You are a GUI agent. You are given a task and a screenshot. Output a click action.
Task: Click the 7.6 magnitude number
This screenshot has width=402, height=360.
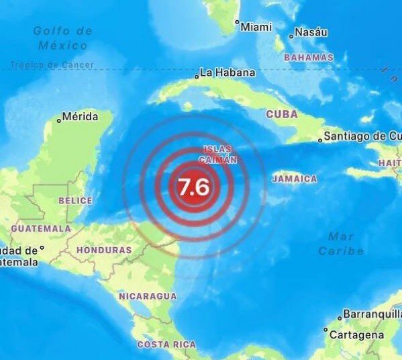coord(194,186)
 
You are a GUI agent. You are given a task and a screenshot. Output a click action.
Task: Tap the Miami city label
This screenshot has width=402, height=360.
coord(256,27)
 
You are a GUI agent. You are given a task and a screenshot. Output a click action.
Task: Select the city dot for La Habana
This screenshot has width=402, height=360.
coord(197,77)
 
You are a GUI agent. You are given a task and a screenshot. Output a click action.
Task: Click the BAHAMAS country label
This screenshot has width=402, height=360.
coord(309,58)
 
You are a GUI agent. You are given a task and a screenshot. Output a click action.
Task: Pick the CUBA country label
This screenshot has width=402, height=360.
coord(282,114)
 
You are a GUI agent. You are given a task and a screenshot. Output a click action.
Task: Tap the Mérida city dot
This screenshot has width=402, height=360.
coord(59,120)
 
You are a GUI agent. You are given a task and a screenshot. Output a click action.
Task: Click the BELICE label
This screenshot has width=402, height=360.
coord(75,200)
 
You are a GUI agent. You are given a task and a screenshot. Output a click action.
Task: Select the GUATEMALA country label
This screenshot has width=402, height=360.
coord(40,228)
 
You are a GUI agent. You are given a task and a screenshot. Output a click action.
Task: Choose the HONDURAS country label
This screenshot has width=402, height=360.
coord(104,250)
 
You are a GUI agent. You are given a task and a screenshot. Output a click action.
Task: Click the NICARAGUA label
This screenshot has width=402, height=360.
coord(148,296)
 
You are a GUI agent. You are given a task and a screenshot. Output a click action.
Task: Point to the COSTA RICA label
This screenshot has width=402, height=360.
coord(166,345)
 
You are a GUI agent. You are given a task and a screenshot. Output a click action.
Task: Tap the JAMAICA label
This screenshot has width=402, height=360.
coord(295,179)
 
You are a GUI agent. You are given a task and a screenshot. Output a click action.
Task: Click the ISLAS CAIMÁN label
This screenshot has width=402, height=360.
coord(217,154)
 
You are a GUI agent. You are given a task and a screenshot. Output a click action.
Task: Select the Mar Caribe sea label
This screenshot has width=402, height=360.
coord(342,244)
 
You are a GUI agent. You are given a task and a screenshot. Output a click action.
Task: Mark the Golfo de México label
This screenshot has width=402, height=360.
coord(62,38)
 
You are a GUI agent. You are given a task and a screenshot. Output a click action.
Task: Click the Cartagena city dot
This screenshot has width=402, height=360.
coord(325,330)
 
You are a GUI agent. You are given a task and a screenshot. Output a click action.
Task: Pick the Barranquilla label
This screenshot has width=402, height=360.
coord(371,314)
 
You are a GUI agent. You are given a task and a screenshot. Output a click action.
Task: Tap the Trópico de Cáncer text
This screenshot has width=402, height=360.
coord(52,65)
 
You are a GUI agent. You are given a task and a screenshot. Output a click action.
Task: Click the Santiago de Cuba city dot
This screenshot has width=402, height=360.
coord(320,140)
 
